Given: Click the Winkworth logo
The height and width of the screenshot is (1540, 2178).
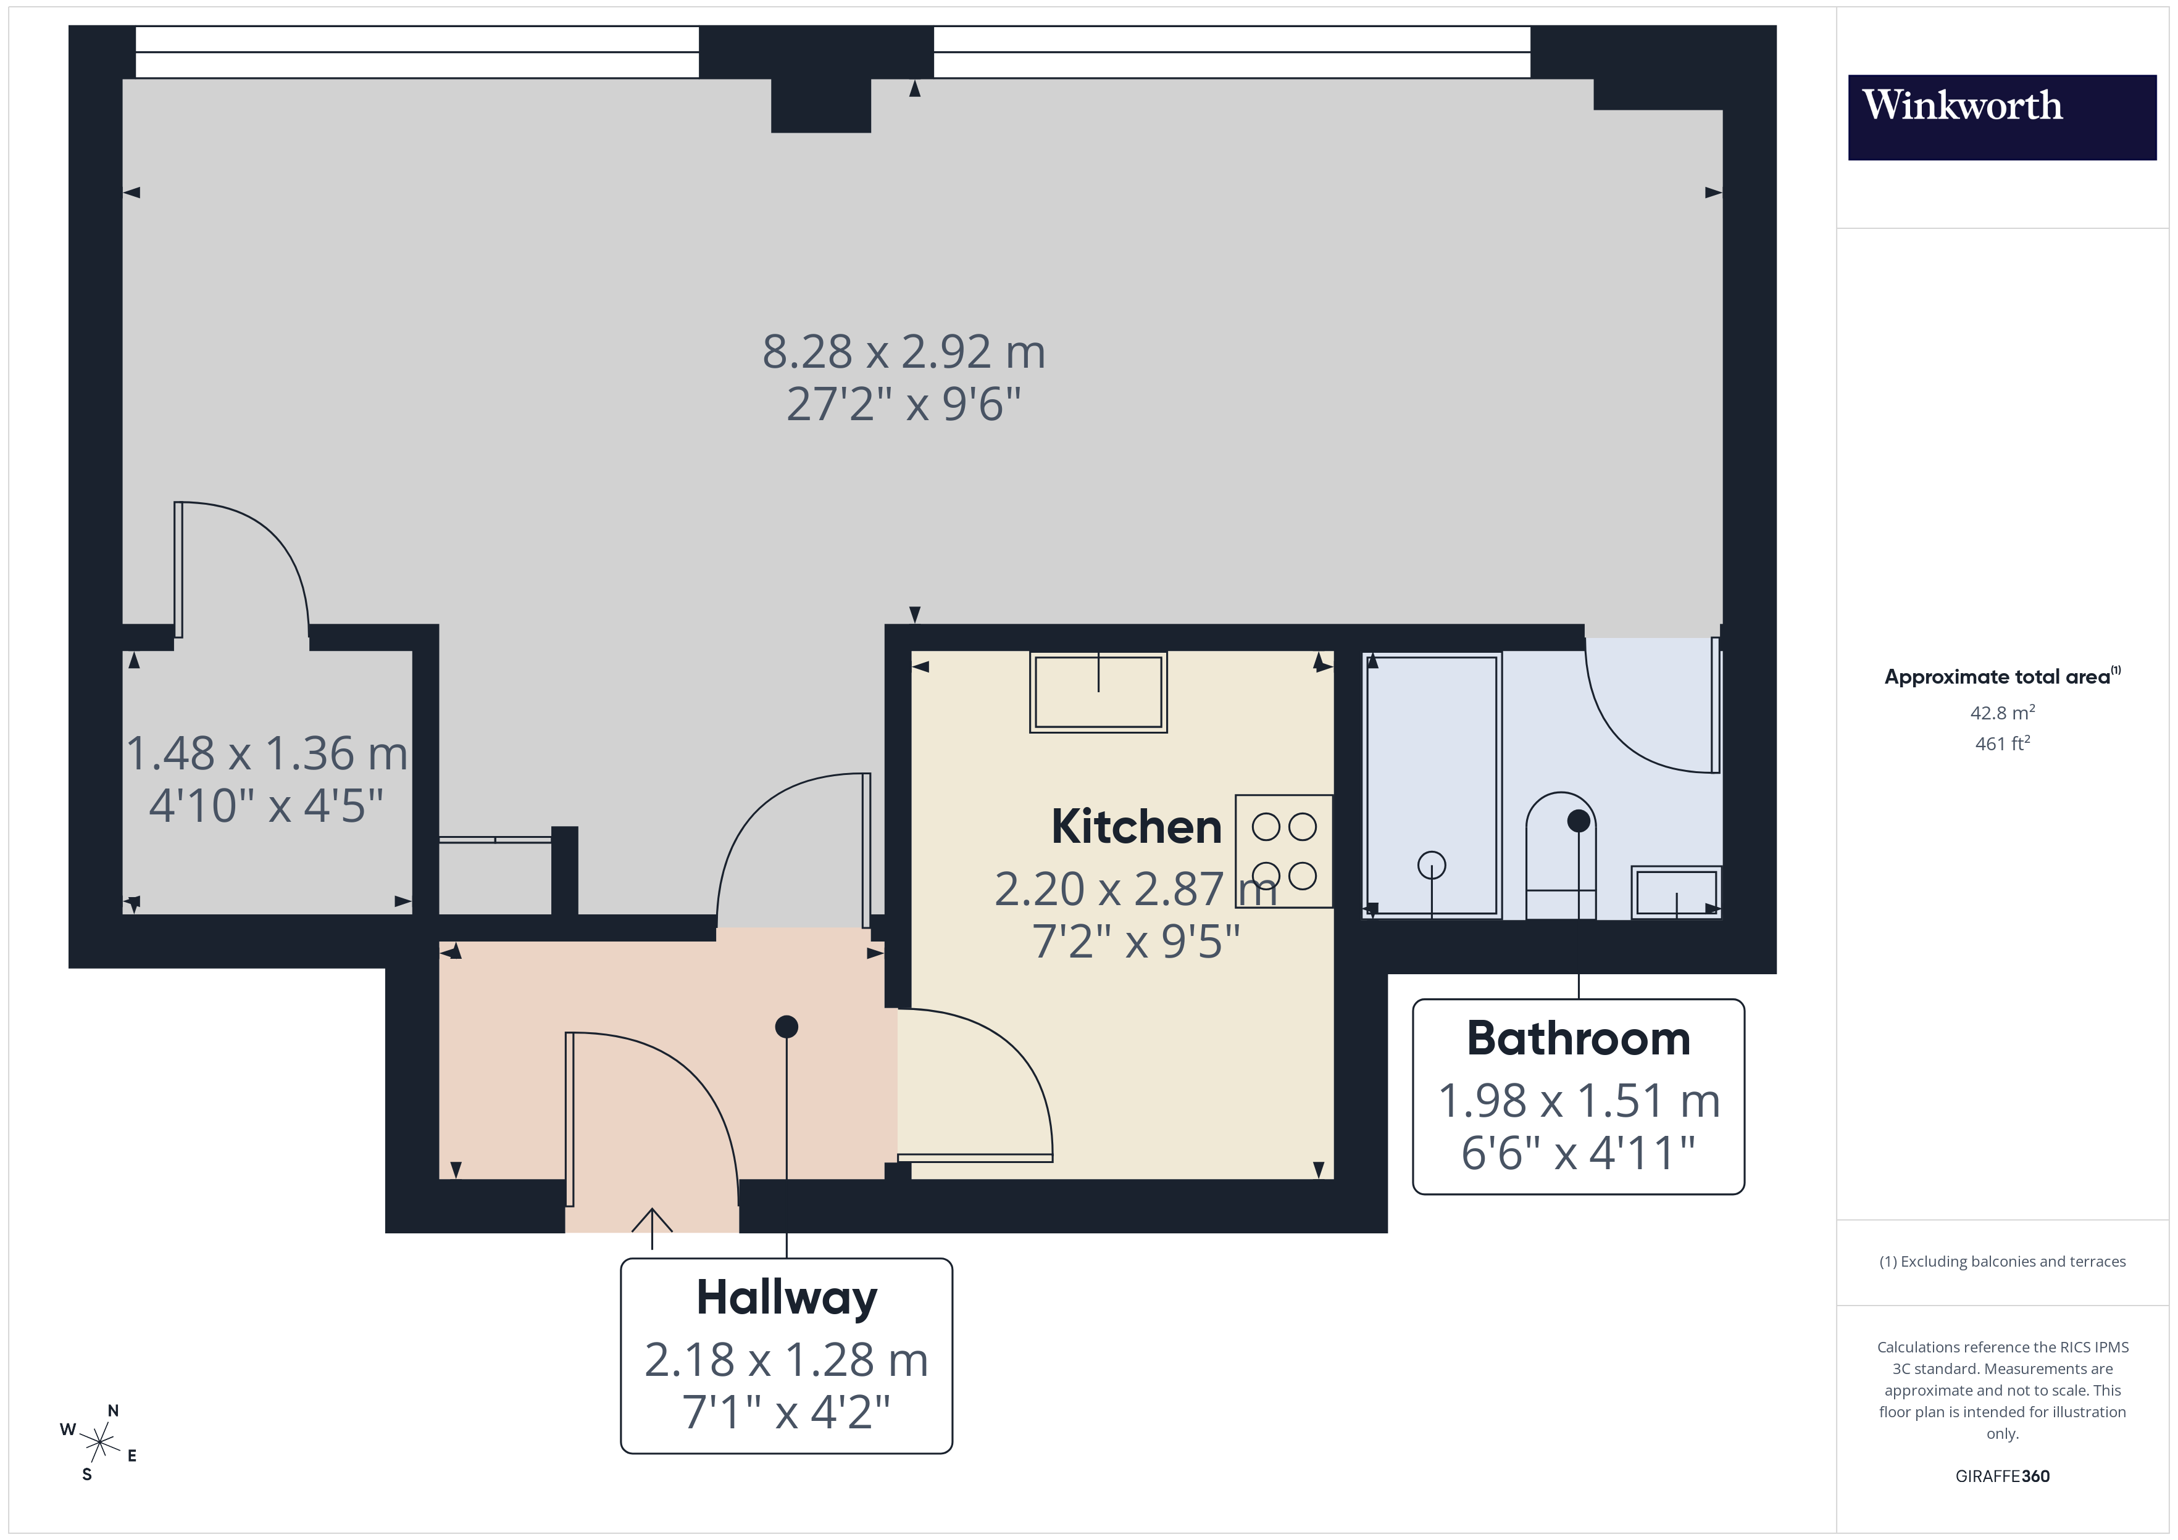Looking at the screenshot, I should [2001, 117].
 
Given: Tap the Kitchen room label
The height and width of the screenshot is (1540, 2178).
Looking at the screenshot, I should [1135, 827].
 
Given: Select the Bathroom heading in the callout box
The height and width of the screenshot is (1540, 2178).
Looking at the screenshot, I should [1577, 1038].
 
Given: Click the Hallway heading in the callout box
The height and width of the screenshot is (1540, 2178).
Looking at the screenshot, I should [786, 1298].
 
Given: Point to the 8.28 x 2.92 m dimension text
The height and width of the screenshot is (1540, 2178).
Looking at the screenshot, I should [903, 352].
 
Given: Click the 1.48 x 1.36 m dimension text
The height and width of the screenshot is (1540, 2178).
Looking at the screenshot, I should [267, 754].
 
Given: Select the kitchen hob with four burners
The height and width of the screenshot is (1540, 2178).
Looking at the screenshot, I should [1283, 851].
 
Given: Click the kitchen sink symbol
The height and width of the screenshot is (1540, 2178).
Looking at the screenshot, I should [1098, 692].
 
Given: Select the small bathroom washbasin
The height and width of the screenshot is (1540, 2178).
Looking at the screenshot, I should [1675, 892].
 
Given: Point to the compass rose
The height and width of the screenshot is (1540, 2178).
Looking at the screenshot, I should [99, 1443].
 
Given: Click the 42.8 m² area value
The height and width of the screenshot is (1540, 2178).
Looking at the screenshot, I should [2001, 712].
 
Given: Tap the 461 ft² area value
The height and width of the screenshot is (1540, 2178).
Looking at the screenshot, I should [2001, 743].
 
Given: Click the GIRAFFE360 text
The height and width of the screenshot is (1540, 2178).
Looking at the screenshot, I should [2001, 1475].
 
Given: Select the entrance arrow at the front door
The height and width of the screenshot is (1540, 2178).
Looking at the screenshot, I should [652, 1225].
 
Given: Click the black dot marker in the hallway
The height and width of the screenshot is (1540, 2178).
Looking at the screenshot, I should [786, 1026].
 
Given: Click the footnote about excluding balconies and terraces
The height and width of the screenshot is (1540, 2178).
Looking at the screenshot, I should [2001, 1261].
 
